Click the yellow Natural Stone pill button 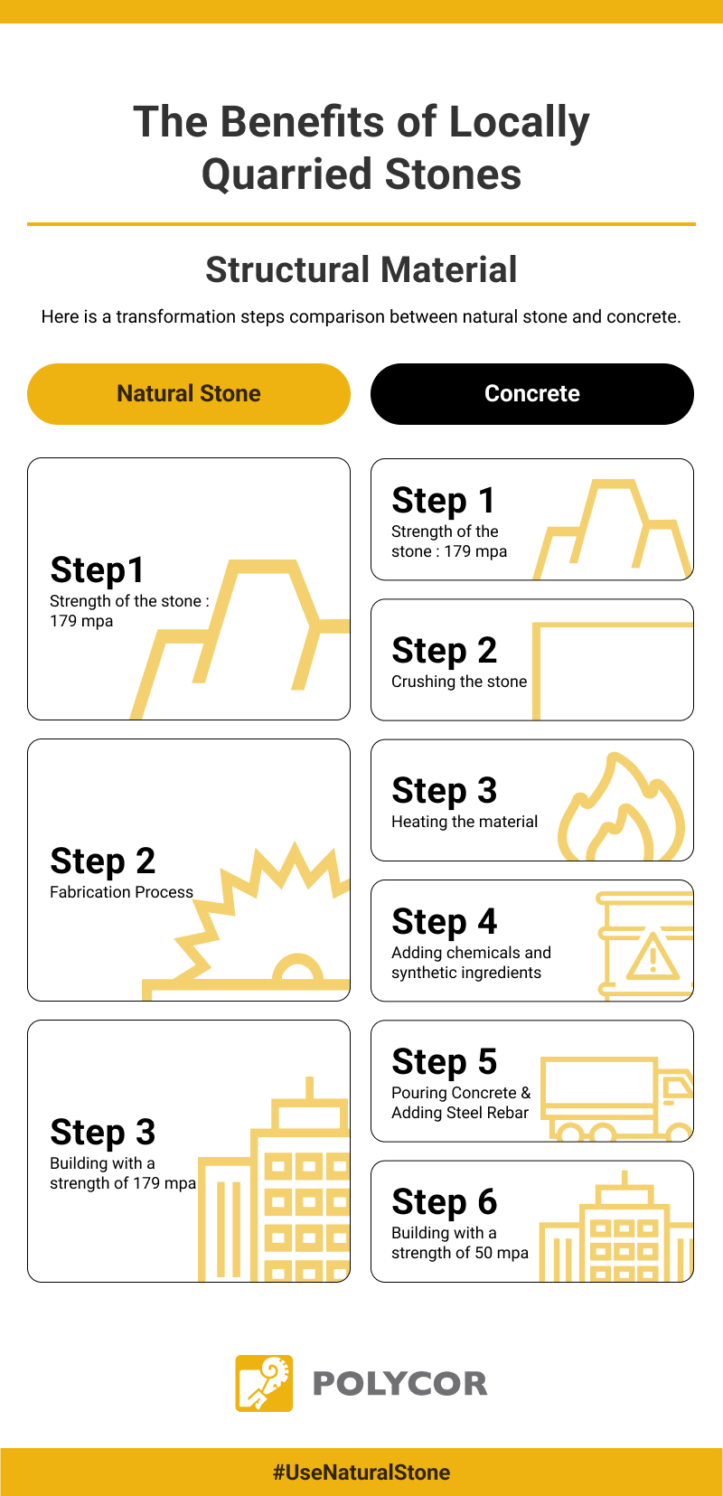pos(188,394)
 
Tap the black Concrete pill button pos(531,394)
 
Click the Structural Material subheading pos(361,269)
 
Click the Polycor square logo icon pos(264,1383)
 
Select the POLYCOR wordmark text pos(399,1384)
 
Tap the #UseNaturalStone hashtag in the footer pos(361,1472)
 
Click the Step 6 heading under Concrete pos(444,1202)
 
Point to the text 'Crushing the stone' pos(459,682)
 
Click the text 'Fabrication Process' pos(121,892)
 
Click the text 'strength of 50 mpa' pos(460,1253)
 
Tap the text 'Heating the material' pos(465,822)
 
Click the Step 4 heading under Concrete pos(444,922)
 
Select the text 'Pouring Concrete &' pos(461,1093)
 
